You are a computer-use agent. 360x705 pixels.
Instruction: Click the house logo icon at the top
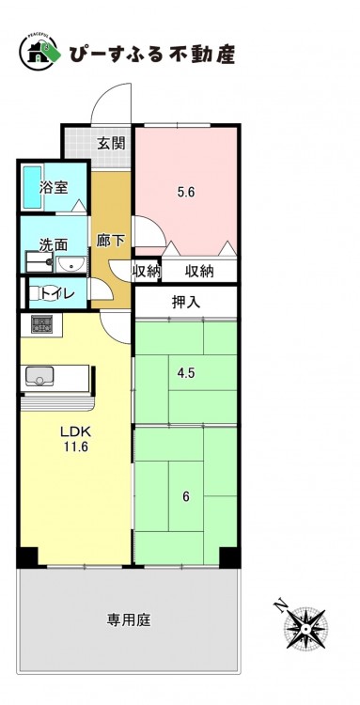pyautogui.click(x=39, y=53)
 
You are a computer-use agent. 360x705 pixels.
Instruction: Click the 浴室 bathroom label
pyautogui.click(x=54, y=187)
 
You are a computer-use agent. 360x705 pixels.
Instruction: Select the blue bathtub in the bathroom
pyautogui.click(x=33, y=187)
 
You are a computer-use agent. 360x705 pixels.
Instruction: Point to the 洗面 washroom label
pyautogui.click(x=53, y=245)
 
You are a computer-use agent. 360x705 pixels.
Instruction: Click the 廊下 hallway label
pyautogui.click(x=111, y=242)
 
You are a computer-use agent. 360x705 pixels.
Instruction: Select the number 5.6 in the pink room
pyautogui.click(x=185, y=193)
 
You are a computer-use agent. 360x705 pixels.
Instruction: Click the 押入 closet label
pyautogui.click(x=185, y=303)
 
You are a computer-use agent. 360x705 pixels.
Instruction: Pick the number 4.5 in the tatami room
pyautogui.click(x=185, y=373)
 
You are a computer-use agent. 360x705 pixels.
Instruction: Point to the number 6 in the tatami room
pyautogui.click(x=185, y=497)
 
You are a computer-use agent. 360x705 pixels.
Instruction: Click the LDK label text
pyautogui.click(x=76, y=432)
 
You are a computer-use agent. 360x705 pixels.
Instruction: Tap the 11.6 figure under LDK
pyautogui.click(x=76, y=447)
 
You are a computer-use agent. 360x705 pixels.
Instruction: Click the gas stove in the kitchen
pyautogui.click(x=41, y=323)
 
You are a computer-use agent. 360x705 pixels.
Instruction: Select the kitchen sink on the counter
pyautogui.click(x=39, y=376)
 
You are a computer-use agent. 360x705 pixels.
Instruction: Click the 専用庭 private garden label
pyautogui.click(x=129, y=620)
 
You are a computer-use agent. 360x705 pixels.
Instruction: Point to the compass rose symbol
pyautogui.click(x=306, y=628)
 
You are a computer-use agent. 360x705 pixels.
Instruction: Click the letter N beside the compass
pyautogui.click(x=282, y=606)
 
